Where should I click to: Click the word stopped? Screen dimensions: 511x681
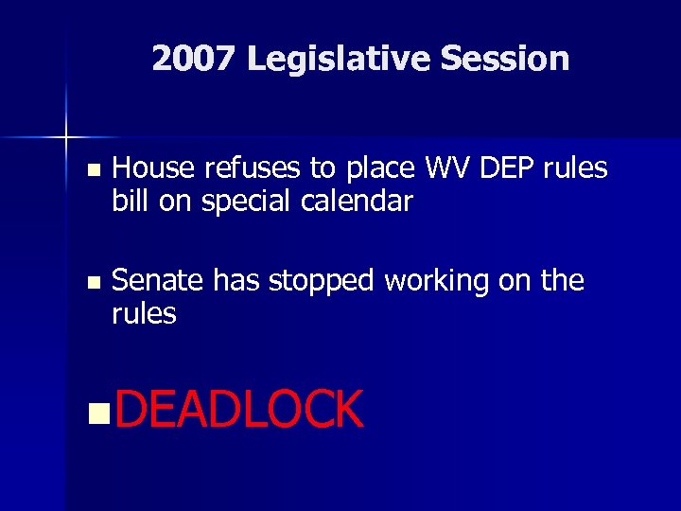321,282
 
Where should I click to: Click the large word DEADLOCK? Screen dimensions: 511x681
240,411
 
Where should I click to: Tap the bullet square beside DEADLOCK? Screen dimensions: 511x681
93,413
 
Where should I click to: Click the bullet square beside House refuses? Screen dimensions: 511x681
92,171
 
